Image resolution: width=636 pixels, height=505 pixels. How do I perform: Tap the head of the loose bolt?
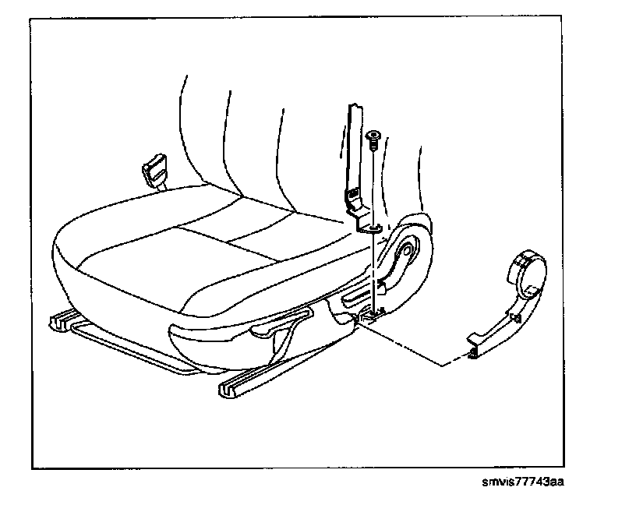tap(374, 137)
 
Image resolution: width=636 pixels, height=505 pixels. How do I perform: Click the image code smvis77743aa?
tap(522, 481)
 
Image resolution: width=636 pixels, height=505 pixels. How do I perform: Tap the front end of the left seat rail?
tap(61, 320)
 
